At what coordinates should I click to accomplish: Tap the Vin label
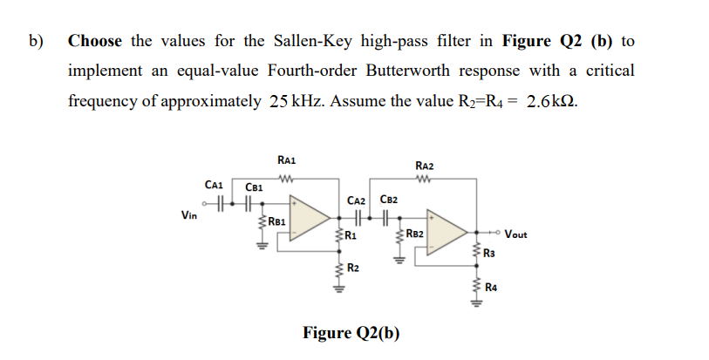(188, 214)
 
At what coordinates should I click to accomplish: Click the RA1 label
(286, 160)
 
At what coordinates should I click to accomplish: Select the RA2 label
(425, 166)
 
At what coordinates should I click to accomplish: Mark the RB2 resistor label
(414, 234)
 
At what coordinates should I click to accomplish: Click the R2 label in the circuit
(351, 267)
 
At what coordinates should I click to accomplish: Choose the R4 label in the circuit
(491, 285)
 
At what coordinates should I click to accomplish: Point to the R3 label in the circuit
(491, 253)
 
